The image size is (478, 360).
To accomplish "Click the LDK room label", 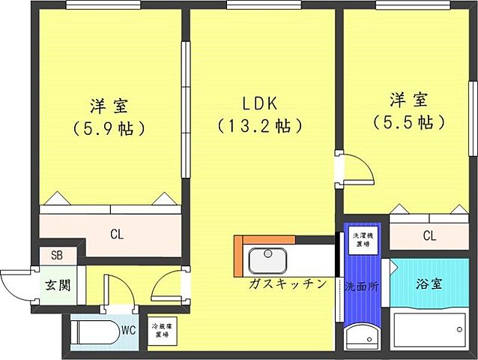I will pos(258,103).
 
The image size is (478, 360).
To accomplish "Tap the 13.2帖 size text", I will pos(259,125).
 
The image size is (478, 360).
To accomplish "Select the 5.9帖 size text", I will pos(109,127).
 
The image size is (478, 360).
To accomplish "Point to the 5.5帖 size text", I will pos(408,121).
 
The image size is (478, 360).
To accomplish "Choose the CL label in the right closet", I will pos(429,236).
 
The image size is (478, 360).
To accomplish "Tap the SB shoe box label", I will pos(57,256).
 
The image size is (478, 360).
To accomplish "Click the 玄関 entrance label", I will pos(55,287).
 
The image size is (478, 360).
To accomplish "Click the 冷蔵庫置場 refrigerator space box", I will pos(162,331).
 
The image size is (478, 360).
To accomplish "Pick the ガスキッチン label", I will pos(288,284).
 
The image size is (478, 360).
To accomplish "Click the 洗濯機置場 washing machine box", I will pos(363,239).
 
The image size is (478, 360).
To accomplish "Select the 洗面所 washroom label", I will pos(361,286).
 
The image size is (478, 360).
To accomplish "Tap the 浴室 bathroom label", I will pos(430,285).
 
